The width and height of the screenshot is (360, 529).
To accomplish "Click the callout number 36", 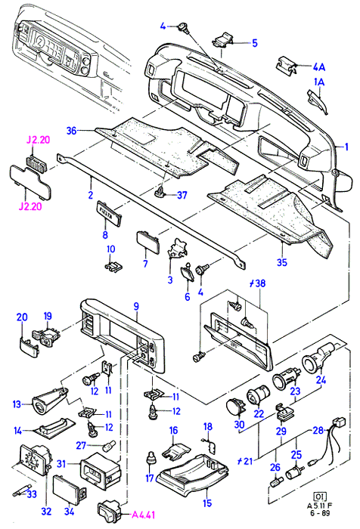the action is [72, 130].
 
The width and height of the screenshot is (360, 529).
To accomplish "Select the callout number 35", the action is [281, 262].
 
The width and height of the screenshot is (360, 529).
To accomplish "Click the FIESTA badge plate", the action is [110, 212].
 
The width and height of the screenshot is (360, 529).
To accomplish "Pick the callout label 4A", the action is [318, 67].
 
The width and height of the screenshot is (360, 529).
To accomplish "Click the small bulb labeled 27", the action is [108, 446].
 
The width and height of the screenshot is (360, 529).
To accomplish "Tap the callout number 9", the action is [136, 306].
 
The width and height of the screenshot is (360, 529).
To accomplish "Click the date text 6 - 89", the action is [319, 513].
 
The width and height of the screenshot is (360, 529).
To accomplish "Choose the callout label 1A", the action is [319, 82].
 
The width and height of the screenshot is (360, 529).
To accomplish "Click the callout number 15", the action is [207, 503].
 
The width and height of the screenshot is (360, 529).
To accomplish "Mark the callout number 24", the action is [321, 379].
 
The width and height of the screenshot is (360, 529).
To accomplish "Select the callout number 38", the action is [260, 283].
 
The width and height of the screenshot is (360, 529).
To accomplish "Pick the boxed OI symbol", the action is [319, 496].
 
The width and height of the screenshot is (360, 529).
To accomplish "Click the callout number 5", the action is [255, 43].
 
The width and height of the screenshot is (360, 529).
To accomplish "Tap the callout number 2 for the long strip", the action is [91, 194].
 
